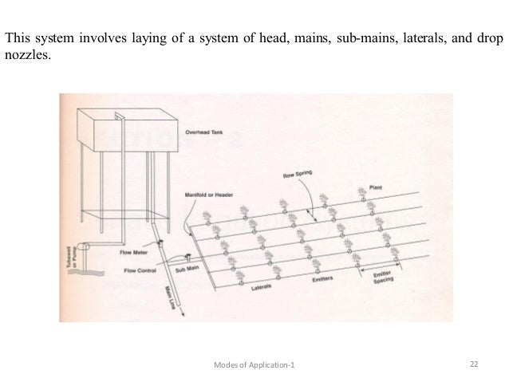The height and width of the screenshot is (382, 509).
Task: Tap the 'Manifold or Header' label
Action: pyautogui.click(x=203, y=193)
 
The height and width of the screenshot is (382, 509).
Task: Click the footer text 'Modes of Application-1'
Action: pyautogui.click(x=254, y=364)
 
